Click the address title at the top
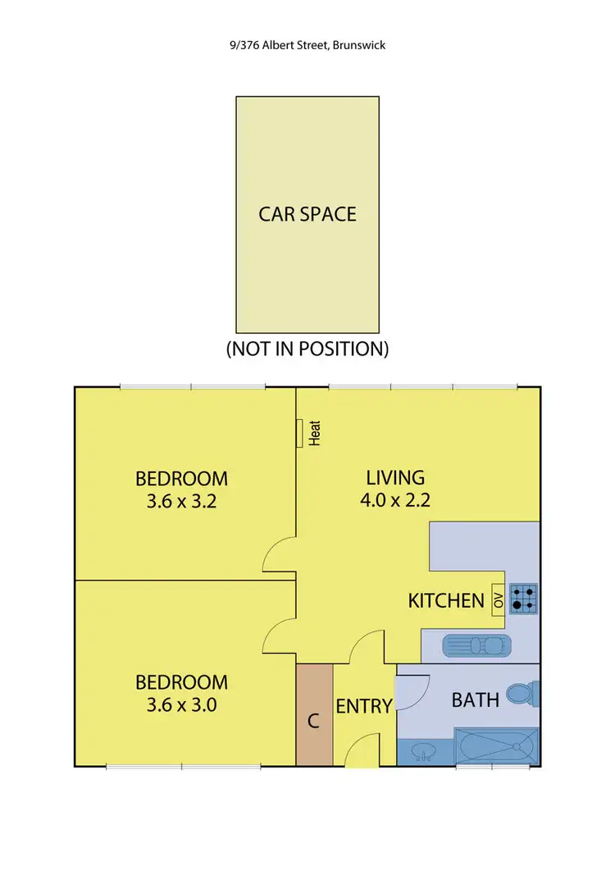307,45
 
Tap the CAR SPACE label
307,214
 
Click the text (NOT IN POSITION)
307,348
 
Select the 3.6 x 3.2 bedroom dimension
181,501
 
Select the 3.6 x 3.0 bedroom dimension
181,704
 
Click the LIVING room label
395,476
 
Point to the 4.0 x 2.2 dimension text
395,500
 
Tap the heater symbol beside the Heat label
301,433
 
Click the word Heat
314,433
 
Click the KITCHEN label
446,601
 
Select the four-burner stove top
523,599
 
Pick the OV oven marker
497,599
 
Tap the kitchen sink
476,646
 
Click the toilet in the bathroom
522,696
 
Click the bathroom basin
423,750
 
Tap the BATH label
476,699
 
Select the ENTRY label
363,705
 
